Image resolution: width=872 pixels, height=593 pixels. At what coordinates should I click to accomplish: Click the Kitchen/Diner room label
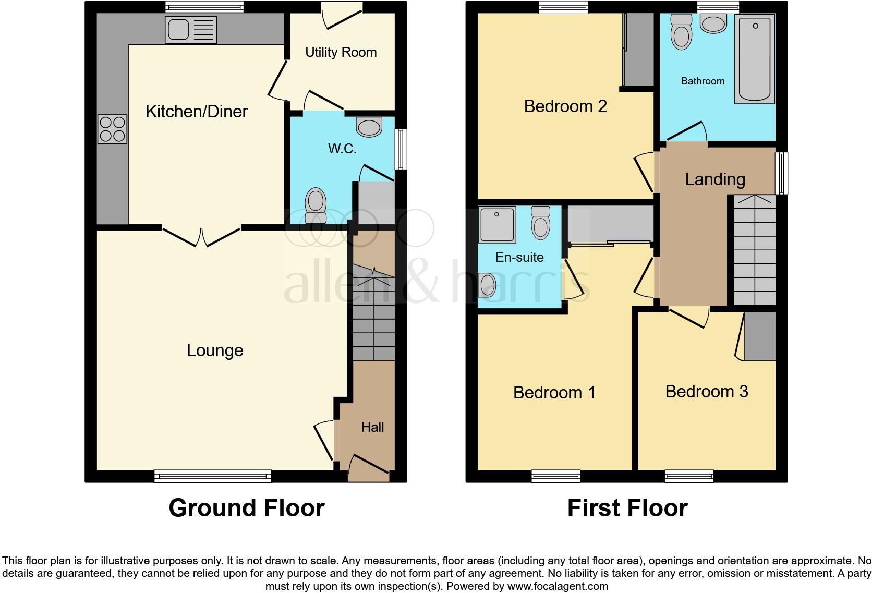(x=196, y=111)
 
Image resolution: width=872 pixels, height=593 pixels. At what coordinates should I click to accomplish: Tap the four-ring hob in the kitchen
(x=112, y=129)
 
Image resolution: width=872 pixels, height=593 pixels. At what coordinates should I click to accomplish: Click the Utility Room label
(x=341, y=52)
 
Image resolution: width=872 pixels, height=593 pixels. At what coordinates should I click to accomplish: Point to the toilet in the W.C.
(x=315, y=205)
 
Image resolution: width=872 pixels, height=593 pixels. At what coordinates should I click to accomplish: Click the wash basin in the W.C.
(x=369, y=126)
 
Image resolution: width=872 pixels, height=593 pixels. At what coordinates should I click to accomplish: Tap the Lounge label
(x=215, y=350)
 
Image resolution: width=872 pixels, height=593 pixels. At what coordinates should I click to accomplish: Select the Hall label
(x=372, y=427)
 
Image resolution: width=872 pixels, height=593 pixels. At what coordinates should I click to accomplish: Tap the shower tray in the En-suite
(x=497, y=224)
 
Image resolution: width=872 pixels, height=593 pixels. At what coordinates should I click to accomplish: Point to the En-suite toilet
(x=541, y=223)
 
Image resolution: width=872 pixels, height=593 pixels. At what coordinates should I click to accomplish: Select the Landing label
(x=714, y=179)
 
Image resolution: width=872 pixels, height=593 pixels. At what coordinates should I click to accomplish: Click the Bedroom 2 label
(x=565, y=106)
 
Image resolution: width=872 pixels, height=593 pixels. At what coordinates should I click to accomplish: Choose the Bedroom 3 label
(x=706, y=391)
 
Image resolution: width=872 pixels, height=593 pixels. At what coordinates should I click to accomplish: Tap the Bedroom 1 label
(x=554, y=392)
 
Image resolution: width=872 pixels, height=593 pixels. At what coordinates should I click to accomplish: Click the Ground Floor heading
(x=246, y=507)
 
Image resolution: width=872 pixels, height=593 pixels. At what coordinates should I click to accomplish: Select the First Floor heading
(x=627, y=507)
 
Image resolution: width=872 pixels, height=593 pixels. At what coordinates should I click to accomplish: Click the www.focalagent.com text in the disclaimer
(x=557, y=586)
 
